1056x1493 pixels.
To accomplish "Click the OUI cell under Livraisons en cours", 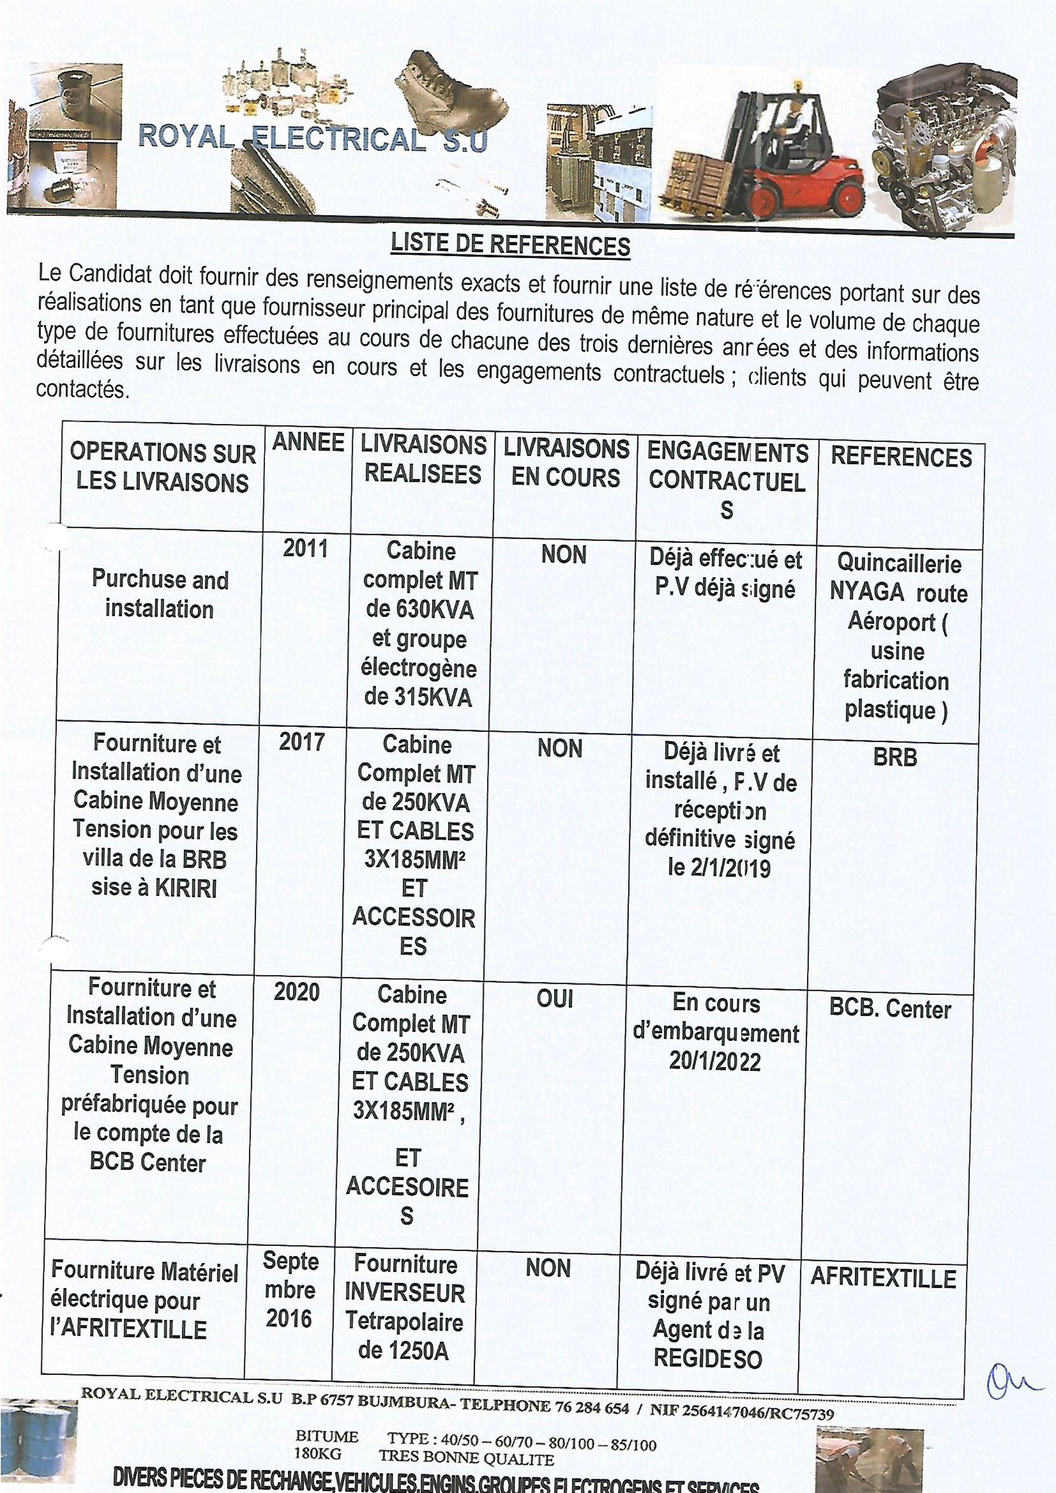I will tap(554, 999).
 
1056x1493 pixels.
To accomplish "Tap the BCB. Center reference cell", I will tap(890, 1009).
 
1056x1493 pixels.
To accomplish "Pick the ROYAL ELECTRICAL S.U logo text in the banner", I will tap(312, 138).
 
